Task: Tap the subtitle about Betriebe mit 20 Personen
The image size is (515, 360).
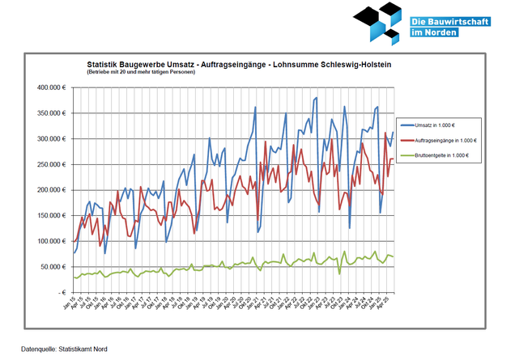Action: pos(141,72)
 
